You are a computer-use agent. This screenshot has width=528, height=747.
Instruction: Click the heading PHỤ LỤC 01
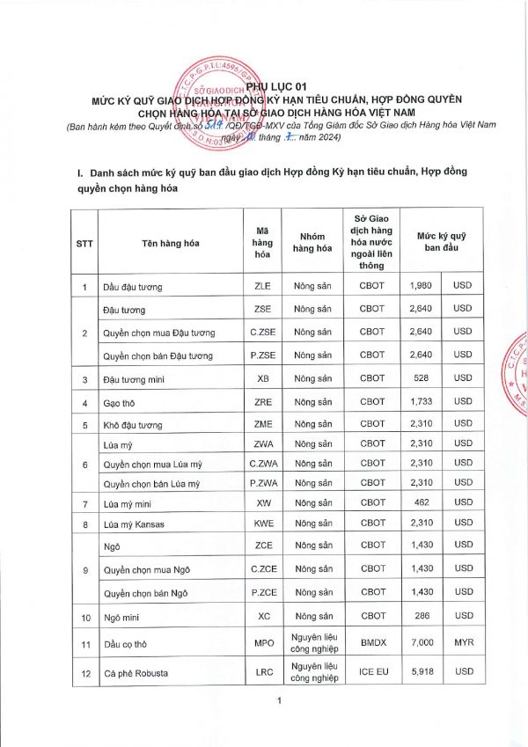click(264, 85)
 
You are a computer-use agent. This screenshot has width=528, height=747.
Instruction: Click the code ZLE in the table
click(262, 287)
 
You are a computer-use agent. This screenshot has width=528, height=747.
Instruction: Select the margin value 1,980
click(422, 287)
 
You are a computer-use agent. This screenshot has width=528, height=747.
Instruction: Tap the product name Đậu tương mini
click(138, 379)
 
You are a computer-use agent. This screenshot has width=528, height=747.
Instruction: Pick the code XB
click(262, 379)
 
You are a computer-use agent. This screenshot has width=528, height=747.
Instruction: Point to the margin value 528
click(422, 379)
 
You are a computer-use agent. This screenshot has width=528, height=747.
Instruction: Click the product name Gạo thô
click(119, 403)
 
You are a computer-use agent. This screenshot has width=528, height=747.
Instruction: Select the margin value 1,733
click(422, 403)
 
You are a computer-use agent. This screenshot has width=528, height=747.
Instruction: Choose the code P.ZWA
click(262, 484)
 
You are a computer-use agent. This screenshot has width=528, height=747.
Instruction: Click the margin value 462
click(422, 503)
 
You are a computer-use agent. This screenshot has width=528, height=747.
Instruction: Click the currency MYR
click(462, 642)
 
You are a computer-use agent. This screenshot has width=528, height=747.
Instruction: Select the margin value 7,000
click(422, 642)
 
